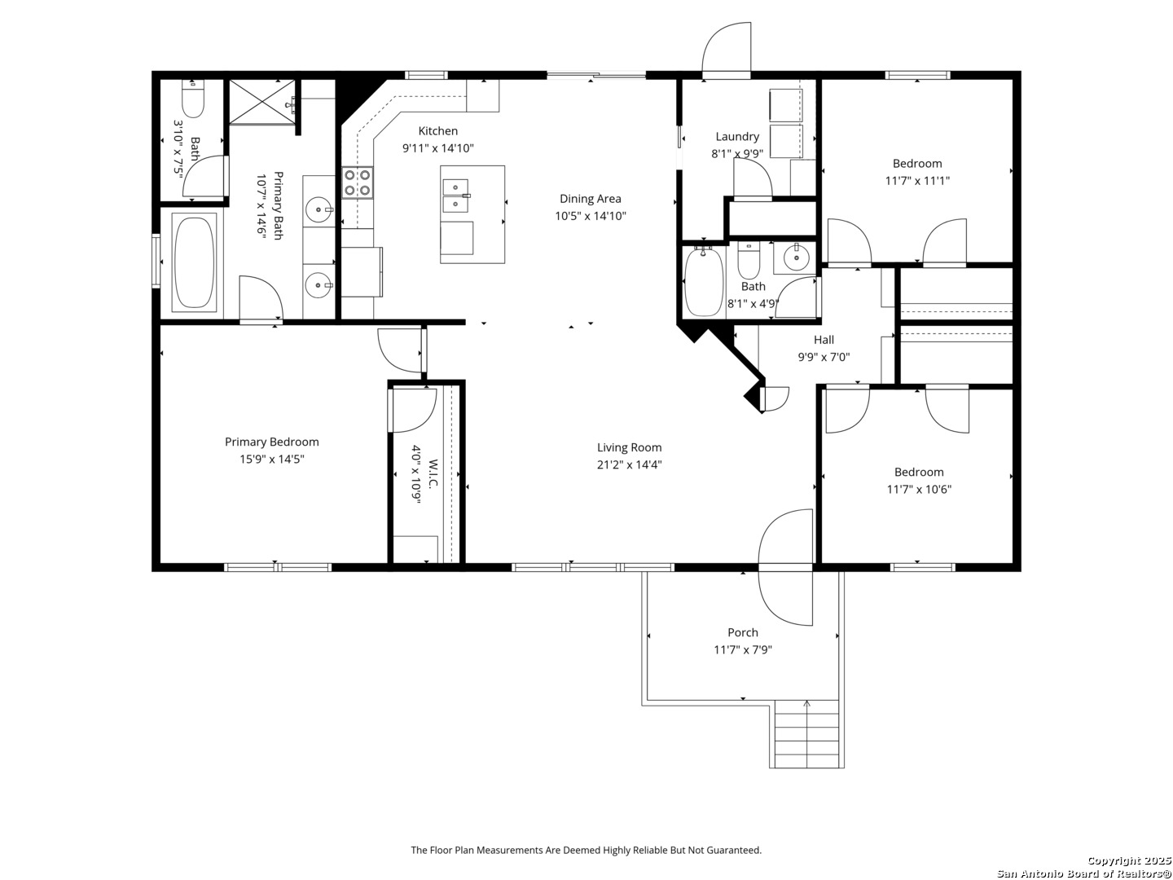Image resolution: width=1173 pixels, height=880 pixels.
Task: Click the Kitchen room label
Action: (437, 131)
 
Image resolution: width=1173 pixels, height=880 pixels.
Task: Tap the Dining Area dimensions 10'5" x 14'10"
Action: (590, 216)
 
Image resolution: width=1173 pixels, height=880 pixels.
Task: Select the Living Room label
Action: (629, 447)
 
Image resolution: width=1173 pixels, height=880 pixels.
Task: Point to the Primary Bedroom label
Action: (271, 442)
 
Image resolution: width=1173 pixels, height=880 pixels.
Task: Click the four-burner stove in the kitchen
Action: (358, 183)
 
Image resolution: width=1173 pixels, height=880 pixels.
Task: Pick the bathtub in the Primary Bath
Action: (193, 262)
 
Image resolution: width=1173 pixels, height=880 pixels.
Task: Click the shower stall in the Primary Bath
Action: (261, 102)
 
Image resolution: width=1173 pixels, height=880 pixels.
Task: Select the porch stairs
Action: (806, 733)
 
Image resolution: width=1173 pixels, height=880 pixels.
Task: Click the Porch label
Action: (742, 632)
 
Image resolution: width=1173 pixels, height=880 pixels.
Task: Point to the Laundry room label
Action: (737, 137)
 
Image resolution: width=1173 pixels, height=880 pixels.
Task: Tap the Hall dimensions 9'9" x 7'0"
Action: (824, 357)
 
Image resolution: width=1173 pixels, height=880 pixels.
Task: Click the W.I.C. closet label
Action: (433, 473)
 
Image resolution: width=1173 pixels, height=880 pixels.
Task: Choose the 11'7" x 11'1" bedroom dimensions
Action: (917, 181)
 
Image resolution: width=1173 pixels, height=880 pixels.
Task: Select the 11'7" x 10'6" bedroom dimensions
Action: (919, 490)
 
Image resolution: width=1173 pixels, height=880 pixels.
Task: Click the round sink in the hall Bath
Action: (796, 258)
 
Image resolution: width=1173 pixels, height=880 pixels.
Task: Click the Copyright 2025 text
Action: (1129, 860)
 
